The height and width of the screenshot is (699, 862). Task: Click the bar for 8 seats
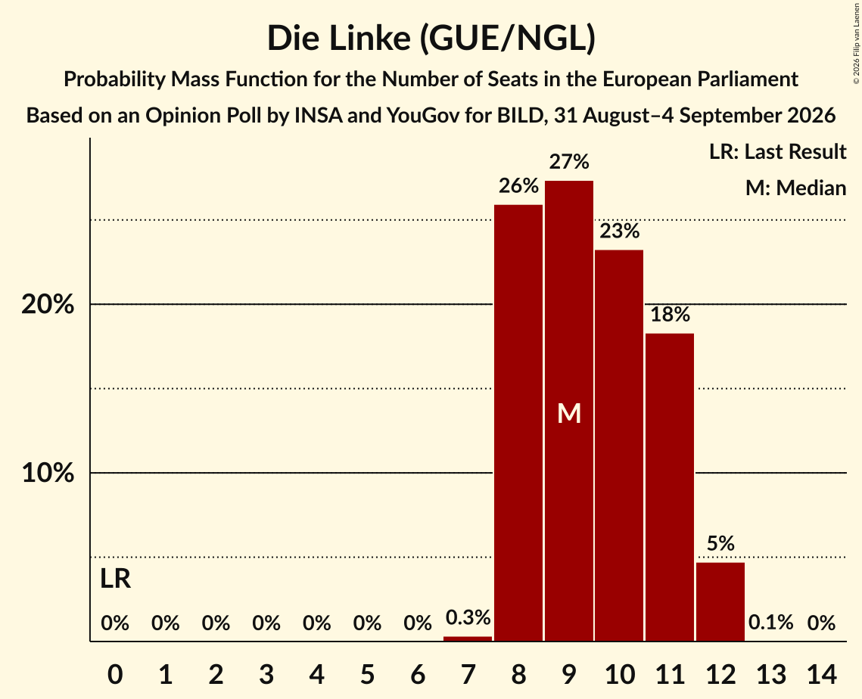point(518,423)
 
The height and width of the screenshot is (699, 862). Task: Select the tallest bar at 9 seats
point(569,411)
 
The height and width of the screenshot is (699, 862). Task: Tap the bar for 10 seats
point(619,445)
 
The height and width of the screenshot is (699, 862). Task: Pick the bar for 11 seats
point(670,487)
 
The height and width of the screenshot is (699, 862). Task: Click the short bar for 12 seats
point(720,601)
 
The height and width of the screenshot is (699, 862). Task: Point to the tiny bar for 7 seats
point(468,638)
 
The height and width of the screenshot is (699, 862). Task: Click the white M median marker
point(569,413)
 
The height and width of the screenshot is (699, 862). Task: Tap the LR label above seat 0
point(116,579)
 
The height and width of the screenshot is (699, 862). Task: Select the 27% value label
point(569,162)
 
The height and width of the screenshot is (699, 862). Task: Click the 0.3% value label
point(468,617)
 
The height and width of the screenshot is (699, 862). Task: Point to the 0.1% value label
point(770,623)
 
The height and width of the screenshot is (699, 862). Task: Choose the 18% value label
point(670,315)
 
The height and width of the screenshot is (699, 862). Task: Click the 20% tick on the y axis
point(48,304)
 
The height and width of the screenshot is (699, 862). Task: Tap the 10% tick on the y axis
point(48,473)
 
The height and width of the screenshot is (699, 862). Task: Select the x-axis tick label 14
point(821,674)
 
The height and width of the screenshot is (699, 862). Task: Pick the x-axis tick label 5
point(367,674)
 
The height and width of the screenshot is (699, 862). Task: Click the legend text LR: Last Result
point(777,151)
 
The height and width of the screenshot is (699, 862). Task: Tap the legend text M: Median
point(795,188)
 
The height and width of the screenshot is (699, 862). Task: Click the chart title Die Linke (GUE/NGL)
point(431,39)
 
